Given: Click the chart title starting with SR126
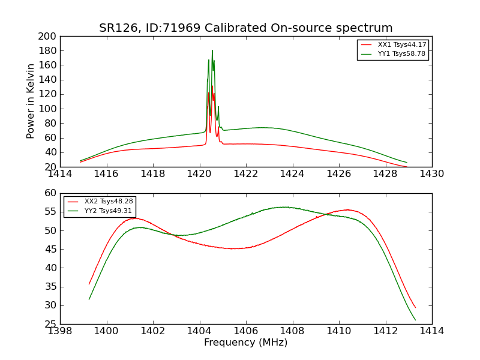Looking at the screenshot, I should (246, 28).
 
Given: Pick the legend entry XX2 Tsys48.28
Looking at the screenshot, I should (109, 202).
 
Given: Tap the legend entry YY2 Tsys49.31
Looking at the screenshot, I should (109, 211).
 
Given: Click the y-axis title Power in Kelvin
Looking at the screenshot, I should (31, 101).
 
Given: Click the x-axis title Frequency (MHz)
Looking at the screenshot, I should (246, 343).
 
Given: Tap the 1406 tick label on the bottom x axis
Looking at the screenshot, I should (246, 331).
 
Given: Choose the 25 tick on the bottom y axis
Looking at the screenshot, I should (50, 325).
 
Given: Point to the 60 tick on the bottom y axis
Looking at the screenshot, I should (50, 193).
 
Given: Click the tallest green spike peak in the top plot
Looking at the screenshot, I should (212, 50).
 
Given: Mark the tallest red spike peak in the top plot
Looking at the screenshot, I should (212, 86).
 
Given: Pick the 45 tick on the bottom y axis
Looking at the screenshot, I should (50, 250).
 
